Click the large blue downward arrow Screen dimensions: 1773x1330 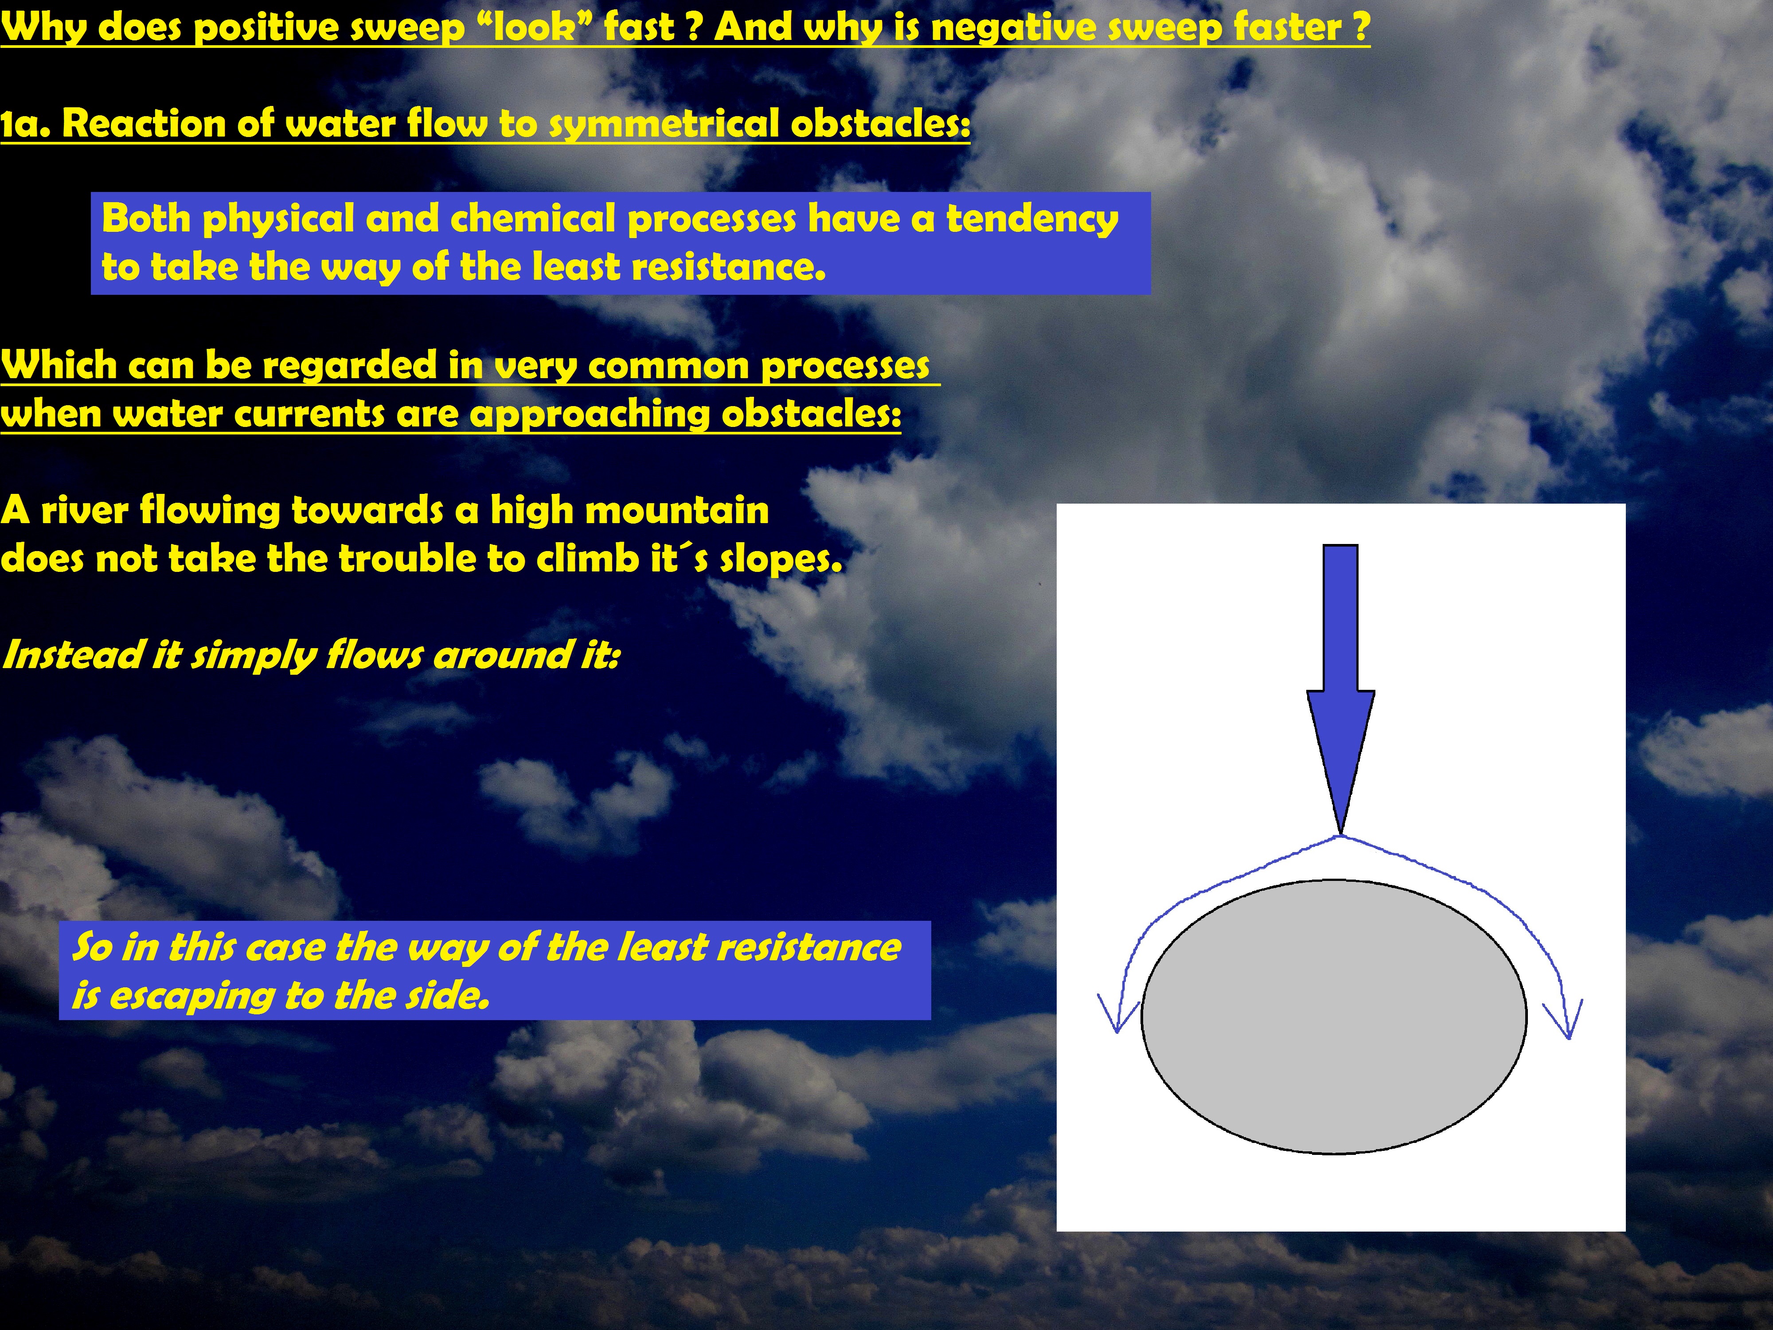click(1340, 688)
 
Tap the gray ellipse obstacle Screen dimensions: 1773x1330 click(1334, 1017)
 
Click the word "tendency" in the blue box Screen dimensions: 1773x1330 click(1032, 219)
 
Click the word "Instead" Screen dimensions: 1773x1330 click(72, 654)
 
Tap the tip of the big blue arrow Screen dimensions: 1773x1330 click(1340, 834)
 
